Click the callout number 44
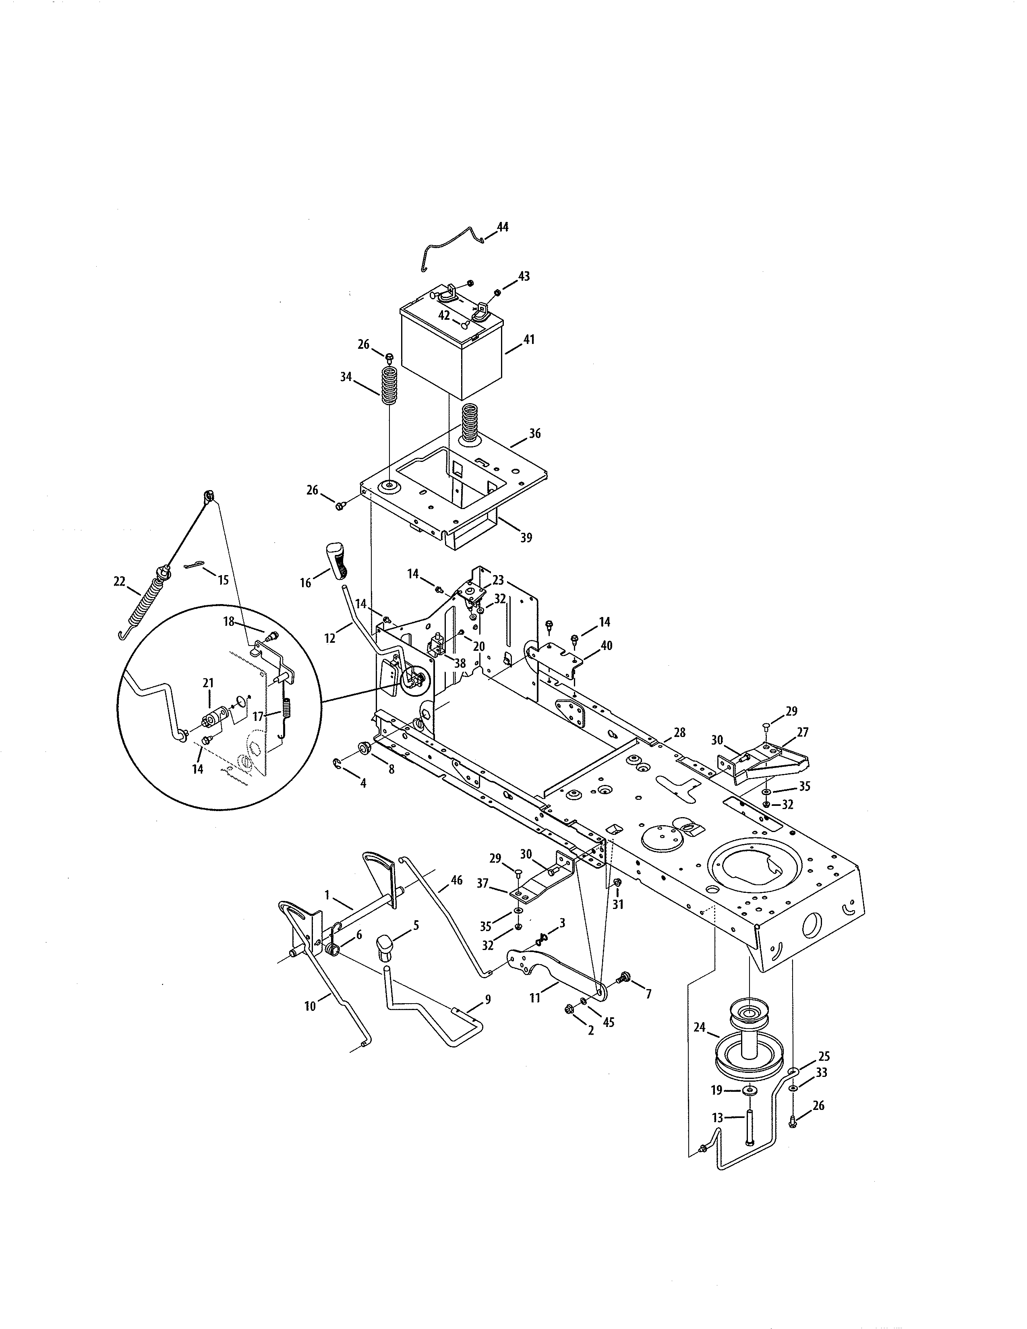[503, 227]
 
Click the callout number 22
[119, 582]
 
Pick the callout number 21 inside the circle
[208, 684]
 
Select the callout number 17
[258, 717]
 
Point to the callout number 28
[679, 733]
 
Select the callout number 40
[606, 646]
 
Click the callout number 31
[618, 922]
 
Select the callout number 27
[803, 732]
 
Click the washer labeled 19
[750, 1090]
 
